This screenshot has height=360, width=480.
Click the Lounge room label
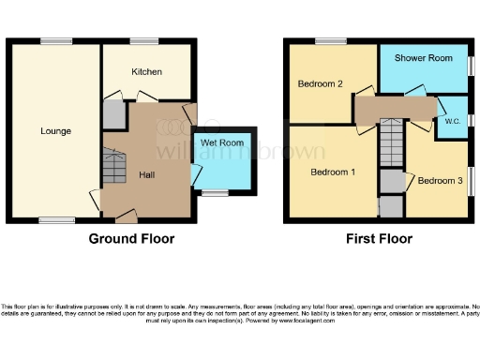(x=55, y=130)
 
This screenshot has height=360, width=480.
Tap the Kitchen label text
(x=146, y=71)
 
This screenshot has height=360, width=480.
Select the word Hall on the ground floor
(x=148, y=174)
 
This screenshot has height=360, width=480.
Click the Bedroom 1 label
(x=333, y=172)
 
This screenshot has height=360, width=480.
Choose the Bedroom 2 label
(x=320, y=84)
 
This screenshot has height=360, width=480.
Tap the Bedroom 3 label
(x=440, y=180)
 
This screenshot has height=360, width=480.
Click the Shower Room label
(x=424, y=57)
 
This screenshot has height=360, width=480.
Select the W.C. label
(x=452, y=122)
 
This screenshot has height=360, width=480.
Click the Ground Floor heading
(x=131, y=238)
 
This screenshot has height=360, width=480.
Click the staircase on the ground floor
(x=113, y=169)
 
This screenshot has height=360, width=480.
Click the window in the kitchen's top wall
(x=144, y=40)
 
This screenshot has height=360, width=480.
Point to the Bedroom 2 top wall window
(x=330, y=40)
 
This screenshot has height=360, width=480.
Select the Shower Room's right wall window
(x=472, y=70)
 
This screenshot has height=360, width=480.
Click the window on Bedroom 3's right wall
(x=472, y=181)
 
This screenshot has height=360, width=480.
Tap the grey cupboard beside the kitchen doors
(x=113, y=115)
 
